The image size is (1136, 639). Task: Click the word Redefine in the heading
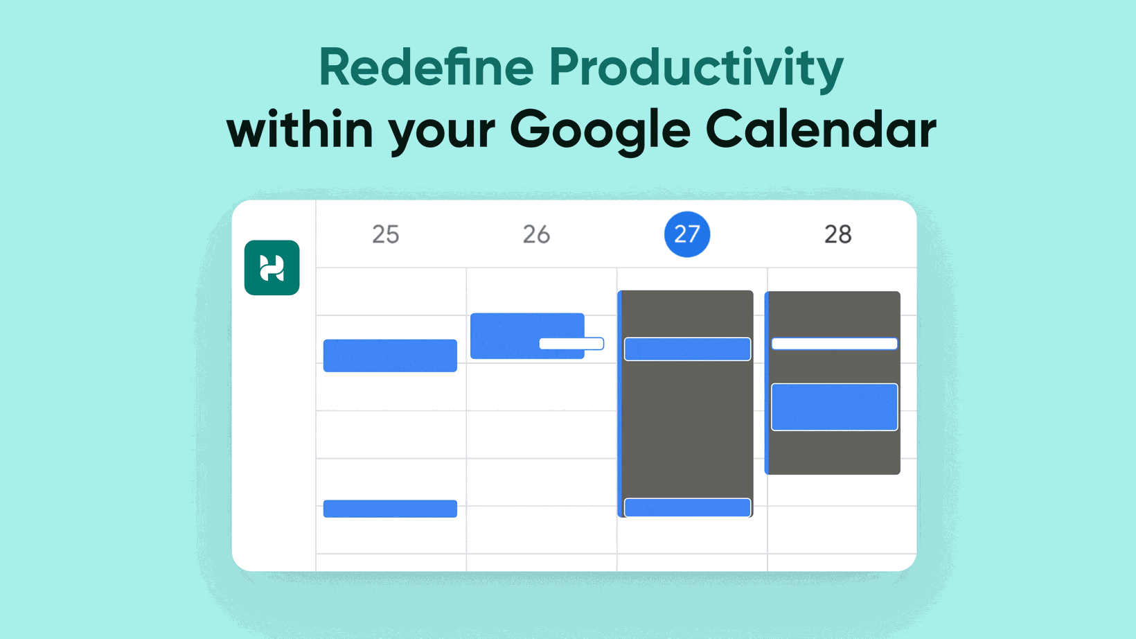426,67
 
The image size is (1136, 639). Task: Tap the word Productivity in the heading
696,70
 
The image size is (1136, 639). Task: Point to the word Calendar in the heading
821,129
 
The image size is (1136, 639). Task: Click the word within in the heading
300,129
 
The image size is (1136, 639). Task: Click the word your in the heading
442,134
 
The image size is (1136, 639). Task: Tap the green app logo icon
272,268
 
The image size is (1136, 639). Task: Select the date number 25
385,234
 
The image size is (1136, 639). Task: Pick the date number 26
536,234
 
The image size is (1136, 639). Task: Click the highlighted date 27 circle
687,234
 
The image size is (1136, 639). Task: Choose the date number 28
838,234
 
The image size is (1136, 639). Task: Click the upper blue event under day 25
390,356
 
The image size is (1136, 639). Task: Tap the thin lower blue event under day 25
390,509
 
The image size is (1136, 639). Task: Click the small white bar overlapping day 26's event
571,344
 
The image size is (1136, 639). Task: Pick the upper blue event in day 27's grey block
687,349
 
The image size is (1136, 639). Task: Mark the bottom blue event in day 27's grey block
687,507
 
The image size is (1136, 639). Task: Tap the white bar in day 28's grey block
834,344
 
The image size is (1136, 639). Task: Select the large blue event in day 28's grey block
834,407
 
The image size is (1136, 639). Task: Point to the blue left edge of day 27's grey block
620,404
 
